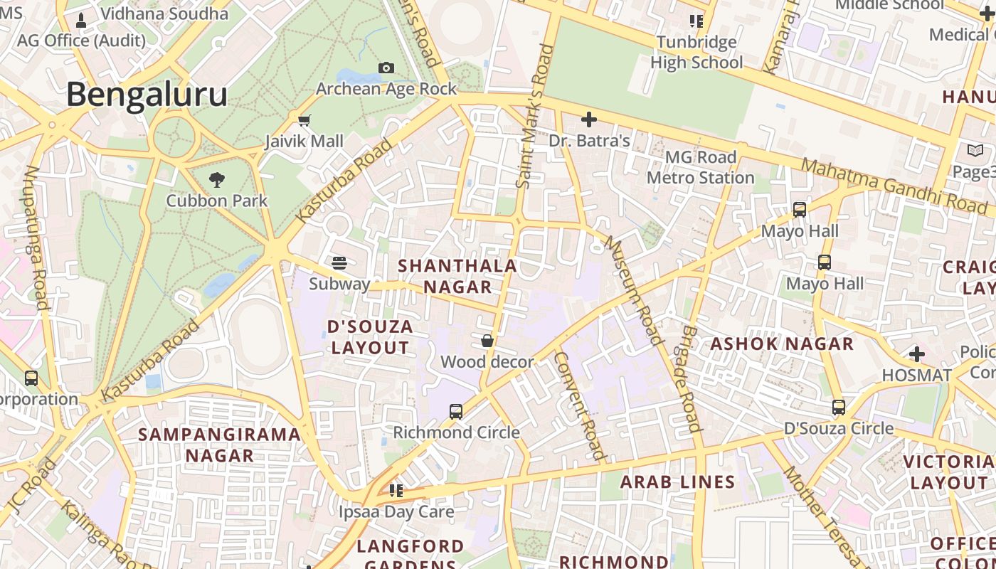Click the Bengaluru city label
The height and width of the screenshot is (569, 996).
147,95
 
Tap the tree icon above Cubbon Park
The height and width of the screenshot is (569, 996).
217,179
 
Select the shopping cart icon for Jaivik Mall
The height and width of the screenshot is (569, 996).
304,120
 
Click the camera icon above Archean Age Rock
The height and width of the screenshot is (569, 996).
386,68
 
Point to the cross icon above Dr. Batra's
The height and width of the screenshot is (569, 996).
589,119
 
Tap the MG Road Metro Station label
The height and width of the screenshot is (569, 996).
700,167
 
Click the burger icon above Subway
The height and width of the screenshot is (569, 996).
339,262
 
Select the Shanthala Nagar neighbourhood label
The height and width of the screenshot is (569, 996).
457,276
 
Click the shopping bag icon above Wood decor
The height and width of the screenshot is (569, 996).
487,341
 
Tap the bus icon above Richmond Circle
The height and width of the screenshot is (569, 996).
456,411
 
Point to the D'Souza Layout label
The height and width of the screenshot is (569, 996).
370,337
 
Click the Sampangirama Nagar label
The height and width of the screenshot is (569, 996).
219,445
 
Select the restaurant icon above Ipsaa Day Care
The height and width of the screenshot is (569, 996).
396,490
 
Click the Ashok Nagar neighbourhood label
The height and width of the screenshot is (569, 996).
782,344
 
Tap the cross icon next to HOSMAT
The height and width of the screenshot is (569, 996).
917,353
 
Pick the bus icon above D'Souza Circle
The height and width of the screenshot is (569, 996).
839,407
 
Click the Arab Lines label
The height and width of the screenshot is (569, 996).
677,482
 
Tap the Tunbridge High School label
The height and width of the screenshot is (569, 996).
696,52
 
